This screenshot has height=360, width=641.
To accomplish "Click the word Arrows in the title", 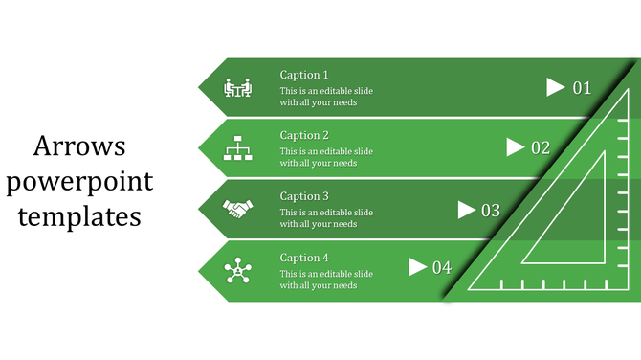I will (x=79, y=146).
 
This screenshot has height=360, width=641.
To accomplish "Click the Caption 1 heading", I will (x=304, y=75).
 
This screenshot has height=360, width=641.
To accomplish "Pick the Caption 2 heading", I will (x=304, y=135).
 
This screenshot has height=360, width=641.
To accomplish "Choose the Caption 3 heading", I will (x=304, y=196).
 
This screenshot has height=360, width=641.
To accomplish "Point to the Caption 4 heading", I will (x=304, y=258).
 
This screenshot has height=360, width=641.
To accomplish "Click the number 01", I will (x=583, y=88).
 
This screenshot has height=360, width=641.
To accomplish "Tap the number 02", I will (x=541, y=148).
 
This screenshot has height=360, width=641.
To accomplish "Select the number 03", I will (x=491, y=210).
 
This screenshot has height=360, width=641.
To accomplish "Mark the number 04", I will (x=442, y=268).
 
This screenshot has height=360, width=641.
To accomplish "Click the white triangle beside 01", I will (x=555, y=87).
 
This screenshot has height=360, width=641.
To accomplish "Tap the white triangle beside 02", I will (x=515, y=147).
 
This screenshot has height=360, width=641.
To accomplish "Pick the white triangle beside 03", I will (x=467, y=209).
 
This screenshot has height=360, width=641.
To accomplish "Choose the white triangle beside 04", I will (x=417, y=267).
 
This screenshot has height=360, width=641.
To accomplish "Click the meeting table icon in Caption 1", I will (x=236, y=87).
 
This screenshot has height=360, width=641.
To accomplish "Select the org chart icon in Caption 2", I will (x=236, y=148).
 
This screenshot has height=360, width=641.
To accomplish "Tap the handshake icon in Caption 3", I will (x=236, y=208).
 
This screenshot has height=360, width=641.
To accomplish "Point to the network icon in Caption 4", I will (x=236, y=271).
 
